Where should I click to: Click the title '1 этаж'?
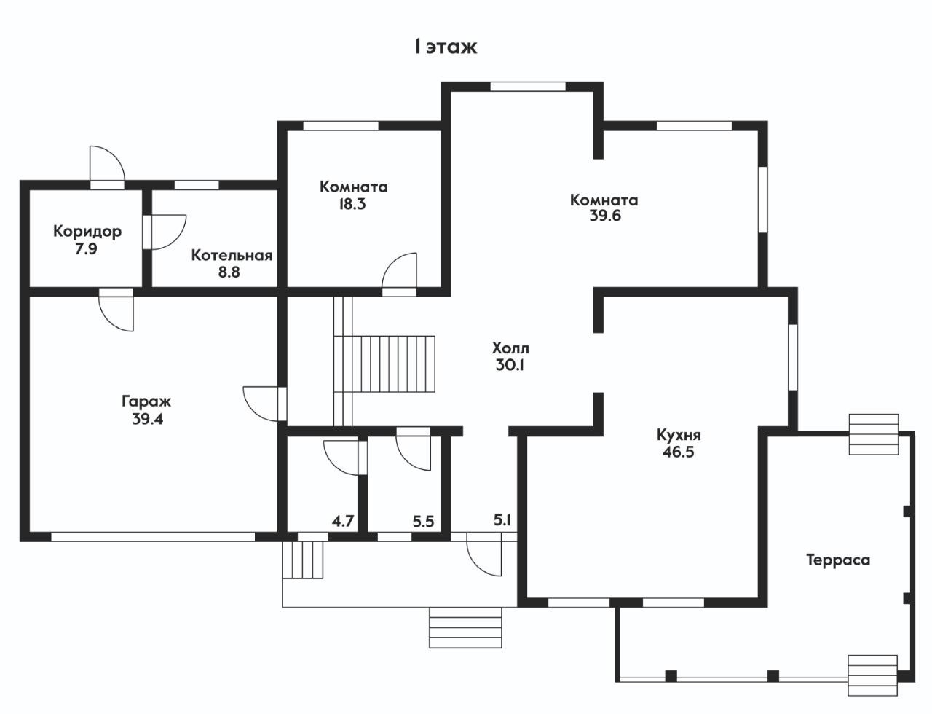point(445,47)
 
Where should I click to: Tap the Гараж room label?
point(146,401)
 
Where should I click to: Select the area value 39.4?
point(146,419)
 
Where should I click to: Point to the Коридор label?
point(87,232)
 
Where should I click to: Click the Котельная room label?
point(232,256)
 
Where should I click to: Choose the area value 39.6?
point(605,216)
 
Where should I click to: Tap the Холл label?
point(510,348)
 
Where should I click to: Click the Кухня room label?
point(679,435)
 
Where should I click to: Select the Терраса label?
point(838,560)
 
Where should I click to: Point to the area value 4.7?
point(343,521)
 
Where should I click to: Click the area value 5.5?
point(423,521)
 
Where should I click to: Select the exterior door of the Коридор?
point(106,166)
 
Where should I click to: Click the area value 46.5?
point(679,452)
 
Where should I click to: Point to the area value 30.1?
point(510,365)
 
